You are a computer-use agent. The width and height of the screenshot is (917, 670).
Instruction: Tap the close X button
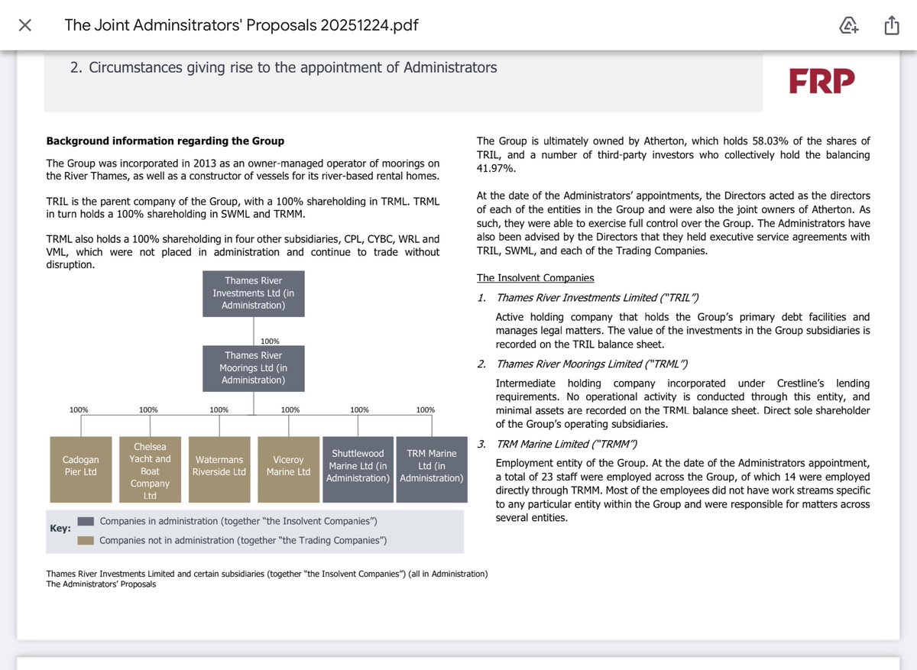[x=24, y=25]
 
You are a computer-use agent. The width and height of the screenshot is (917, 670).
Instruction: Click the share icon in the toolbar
[x=891, y=26]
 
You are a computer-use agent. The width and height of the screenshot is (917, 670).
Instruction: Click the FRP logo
[x=821, y=80]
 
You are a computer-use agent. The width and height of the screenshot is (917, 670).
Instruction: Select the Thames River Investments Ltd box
[x=253, y=293]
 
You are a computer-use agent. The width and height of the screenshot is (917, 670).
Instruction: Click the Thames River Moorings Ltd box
[x=253, y=368]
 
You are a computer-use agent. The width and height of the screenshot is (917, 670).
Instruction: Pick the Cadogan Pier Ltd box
[x=79, y=466]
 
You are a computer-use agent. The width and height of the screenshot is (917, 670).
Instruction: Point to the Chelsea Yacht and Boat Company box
[x=150, y=469]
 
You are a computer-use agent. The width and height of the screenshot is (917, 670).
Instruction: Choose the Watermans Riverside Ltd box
[x=219, y=466]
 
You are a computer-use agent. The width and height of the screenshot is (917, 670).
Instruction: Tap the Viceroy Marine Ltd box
[x=288, y=466]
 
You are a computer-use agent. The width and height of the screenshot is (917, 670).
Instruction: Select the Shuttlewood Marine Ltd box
[x=358, y=466]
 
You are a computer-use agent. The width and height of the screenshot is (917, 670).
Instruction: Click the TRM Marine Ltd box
[x=431, y=466]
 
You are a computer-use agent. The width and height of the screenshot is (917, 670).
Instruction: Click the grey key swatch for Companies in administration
[x=86, y=521]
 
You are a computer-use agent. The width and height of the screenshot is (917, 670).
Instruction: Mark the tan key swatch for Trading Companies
[x=86, y=541]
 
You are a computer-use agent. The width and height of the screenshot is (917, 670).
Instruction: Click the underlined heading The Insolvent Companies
[x=535, y=278]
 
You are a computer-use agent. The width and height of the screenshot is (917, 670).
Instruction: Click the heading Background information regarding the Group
[x=165, y=141]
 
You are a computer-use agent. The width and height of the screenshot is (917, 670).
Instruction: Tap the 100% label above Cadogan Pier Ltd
[x=79, y=410]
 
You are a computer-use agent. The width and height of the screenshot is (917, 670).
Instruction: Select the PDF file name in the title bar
[x=241, y=25]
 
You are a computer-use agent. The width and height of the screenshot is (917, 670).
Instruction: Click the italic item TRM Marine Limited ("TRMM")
[x=567, y=444]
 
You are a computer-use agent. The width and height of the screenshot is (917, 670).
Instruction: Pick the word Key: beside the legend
[x=60, y=528]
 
